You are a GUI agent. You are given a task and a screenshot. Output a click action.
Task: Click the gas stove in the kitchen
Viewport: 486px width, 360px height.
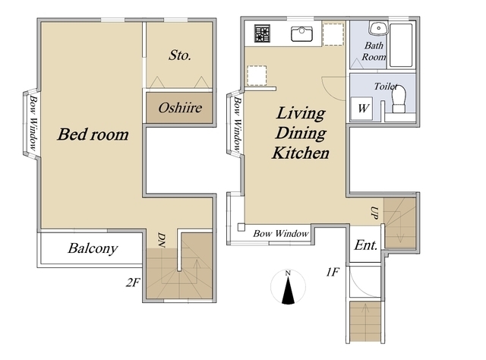[x=263, y=33]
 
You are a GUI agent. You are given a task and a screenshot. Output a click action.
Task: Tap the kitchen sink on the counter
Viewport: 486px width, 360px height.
[x=301, y=34]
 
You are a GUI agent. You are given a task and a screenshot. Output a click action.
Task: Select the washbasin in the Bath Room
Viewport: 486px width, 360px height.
[x=378, y=28]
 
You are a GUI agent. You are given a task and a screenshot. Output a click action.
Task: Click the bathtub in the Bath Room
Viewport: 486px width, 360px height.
[x=401, y=45]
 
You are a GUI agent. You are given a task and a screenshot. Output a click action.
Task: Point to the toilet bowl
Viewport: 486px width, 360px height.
[x=399, y=99]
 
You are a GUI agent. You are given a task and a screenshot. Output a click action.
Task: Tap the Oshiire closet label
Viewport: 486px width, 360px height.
[x=180, y=108]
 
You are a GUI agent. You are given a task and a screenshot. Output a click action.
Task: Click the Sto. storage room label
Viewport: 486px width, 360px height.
[x=180, y=55]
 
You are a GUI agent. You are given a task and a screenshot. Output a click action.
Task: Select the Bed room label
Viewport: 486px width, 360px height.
[x=93, y=134]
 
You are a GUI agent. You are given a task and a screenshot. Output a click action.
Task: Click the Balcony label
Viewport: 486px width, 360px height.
[x=93, y=248]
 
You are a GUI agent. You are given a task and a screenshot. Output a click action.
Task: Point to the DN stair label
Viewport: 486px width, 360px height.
[x=161, y=240]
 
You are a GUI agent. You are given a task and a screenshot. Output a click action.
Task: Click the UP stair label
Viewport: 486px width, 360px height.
[x=374, y=213]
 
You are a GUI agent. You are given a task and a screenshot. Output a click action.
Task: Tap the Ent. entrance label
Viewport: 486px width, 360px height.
[x=366, y=245]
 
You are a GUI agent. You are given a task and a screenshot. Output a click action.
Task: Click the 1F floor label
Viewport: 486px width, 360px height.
[x=333, y=272]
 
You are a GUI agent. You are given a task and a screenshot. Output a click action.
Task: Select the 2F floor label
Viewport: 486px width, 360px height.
[x=133, y=283]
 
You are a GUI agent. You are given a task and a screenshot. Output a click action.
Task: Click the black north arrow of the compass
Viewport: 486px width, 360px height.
[x=289, y=291]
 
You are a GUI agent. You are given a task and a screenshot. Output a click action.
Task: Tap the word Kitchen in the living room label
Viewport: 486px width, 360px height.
[x=301, y=153]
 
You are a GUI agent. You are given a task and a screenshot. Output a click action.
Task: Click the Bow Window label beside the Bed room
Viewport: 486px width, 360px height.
[x=33, y=123]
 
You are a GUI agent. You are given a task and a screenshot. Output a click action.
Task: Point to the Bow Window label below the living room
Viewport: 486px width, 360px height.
[x=281, y=233]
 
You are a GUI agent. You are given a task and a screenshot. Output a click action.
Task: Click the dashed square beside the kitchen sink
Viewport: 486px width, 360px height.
[x=333, y=34]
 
